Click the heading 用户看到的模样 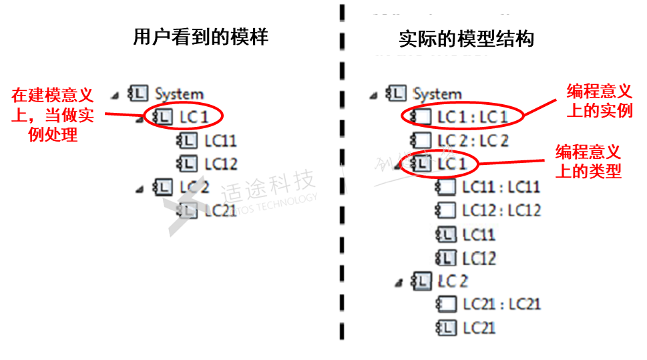200,37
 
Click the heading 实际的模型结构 466,39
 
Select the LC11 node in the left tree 220,141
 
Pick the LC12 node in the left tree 220,164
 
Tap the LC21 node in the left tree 220,211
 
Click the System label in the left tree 178,94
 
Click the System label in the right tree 437,94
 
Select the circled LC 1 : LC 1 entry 472,117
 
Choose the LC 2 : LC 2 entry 472,140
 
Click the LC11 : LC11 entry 501,187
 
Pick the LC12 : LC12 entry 501,210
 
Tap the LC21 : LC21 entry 501,305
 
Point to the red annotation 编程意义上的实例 600,101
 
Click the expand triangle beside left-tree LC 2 140,189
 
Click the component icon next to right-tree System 396,94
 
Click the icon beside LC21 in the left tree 187,211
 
